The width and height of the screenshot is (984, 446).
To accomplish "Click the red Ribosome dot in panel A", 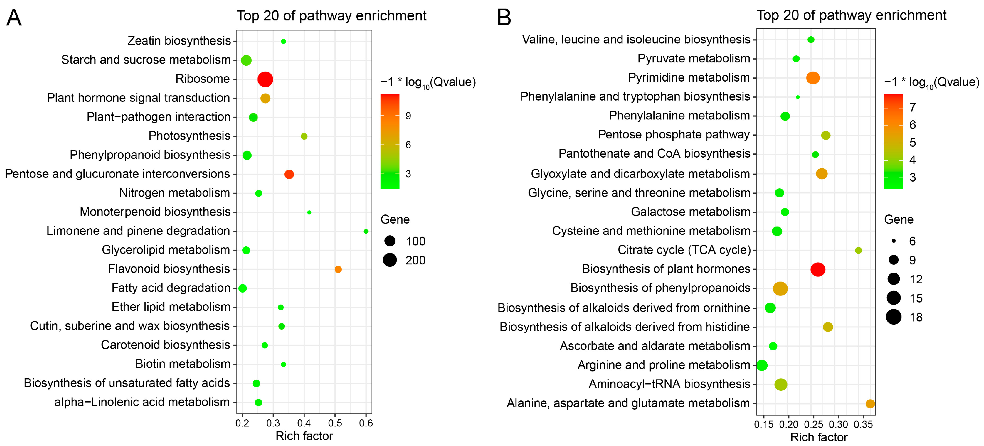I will (265, 80).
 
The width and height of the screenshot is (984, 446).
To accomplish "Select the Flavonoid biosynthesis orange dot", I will (338, 269).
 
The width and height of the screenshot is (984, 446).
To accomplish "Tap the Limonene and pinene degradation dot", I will (365, 231).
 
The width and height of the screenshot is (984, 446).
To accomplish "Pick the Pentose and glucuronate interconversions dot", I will (289, 174).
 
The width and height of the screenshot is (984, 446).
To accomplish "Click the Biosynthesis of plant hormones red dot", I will (817, 269).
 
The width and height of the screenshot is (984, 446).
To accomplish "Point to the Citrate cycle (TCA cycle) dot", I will (858, 251).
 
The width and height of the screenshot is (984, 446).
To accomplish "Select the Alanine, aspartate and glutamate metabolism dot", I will (870, 404).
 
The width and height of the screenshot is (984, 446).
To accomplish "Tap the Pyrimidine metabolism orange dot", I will (813, 78).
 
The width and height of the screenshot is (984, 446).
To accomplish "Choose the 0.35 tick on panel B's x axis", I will (863, 424).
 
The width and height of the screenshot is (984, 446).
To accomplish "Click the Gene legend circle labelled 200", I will (390, 260).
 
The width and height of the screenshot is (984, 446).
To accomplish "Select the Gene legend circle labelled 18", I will (893, 317).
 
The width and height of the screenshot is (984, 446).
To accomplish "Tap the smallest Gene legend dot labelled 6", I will (893, 241).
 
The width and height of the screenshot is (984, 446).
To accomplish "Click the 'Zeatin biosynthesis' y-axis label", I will (179, 41).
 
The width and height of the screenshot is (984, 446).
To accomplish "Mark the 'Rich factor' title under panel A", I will (304, 436).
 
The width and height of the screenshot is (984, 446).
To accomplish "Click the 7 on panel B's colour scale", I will (913, 107).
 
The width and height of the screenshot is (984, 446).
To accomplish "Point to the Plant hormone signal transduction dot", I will (265, 98).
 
